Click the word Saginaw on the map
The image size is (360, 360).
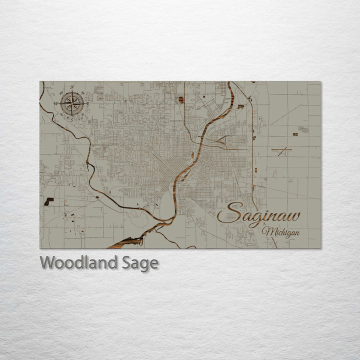point(259,215)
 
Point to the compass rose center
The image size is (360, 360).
point(72,103)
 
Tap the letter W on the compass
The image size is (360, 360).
point(56,104)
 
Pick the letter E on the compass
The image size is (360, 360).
point(88,103)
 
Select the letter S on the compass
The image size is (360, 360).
point(72,119)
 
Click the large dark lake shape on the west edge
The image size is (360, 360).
point(48,201)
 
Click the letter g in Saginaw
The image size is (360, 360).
point(255,218)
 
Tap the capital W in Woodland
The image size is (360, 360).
point(48,262)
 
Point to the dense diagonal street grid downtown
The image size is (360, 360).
point(165,167)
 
